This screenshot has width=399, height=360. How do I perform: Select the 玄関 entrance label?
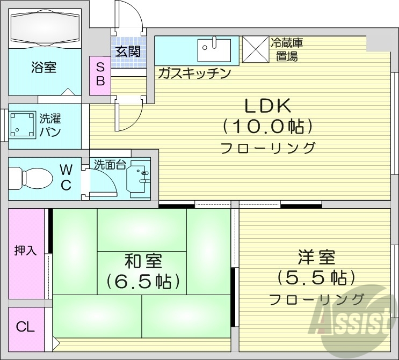point(128,52)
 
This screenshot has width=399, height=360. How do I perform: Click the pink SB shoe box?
point(100,75)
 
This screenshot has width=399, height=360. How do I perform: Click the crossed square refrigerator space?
point(256,49)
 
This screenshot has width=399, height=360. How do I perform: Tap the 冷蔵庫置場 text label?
point(285,48)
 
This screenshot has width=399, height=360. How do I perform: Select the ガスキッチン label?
point(194,74)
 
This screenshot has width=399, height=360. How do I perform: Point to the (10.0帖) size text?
point(267,127)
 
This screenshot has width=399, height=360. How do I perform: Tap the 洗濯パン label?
point(51,124)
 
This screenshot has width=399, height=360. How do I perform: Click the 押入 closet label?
point(26,250)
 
